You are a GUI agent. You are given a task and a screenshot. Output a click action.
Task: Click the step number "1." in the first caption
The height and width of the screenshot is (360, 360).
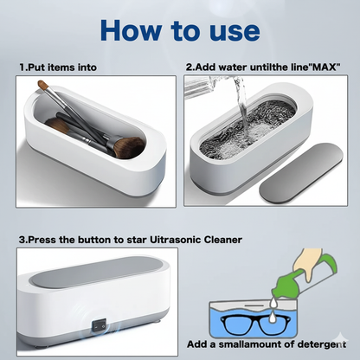pyautogui.click(x=22, y=67)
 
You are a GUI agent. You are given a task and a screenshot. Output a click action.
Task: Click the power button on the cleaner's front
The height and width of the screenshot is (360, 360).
pyautogui.click(x=99, y=329)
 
